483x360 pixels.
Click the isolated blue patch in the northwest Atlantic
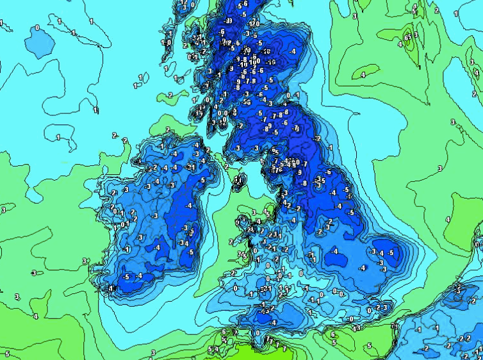click(x=38, y=41)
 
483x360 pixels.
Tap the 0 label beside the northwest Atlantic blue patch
click(x=37, y=28)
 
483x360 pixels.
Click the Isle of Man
click(x=239, y=181)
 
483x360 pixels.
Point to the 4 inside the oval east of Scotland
click(x=363, y=76)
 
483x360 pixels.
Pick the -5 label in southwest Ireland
click(x=127, y=277)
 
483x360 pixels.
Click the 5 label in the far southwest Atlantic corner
click(x=7, y=354)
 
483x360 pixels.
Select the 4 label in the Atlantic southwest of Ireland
click(x=35, y=316)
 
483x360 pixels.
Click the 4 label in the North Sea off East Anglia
click(x=448, y=219)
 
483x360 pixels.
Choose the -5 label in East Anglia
click(x=391, y=253)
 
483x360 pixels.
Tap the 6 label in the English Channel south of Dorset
click(x=333, y=334)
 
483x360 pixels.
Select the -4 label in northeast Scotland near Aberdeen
click(x=293, y=51)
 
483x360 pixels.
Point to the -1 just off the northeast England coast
click(x=330, y=147)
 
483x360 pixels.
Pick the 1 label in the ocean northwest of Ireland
click(x=58, y=137)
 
